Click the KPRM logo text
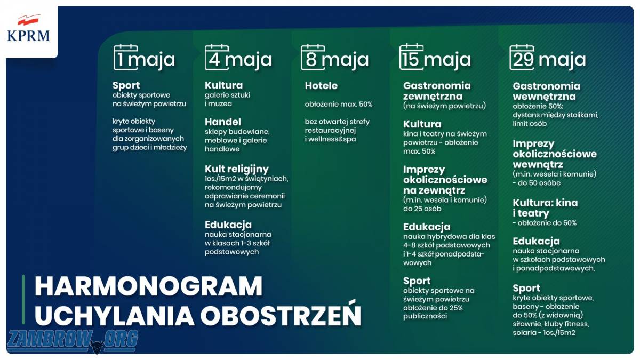coord(28,36)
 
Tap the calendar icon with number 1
coord(125,58)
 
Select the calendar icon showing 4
coord(217,58)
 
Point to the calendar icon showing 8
coord(313,58)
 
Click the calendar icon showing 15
coord(411,57)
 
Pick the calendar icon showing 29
coord(522,58)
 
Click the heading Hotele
coord(321,86)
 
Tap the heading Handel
coord(223,122)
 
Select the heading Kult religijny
coord(237,170)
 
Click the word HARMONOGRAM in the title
coord(149,286)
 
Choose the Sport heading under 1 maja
coord(126,85)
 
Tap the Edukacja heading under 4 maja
coord(228,225)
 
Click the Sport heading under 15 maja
coord(417,281)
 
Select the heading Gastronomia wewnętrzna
coord(546,91)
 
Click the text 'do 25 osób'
coord(422,209)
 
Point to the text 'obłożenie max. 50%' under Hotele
coord(339,105)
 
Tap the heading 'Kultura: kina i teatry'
coord(545,208)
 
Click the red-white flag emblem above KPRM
coord(28,20)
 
